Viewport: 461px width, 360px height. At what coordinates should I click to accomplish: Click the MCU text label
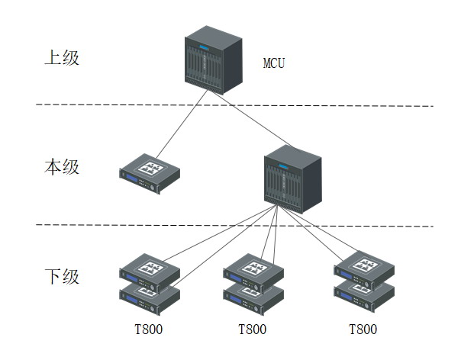[x=274, y=63]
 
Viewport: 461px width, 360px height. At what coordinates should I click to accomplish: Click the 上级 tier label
[x=61, y=58]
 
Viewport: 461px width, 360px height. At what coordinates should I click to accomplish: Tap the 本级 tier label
[x=61, y=167]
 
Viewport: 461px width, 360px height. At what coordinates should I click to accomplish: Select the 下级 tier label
[x=61, y=276]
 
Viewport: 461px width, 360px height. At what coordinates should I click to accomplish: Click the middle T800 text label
[x=253, y=330]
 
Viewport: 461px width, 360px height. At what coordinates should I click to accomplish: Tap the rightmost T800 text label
[x=363, y=330]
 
